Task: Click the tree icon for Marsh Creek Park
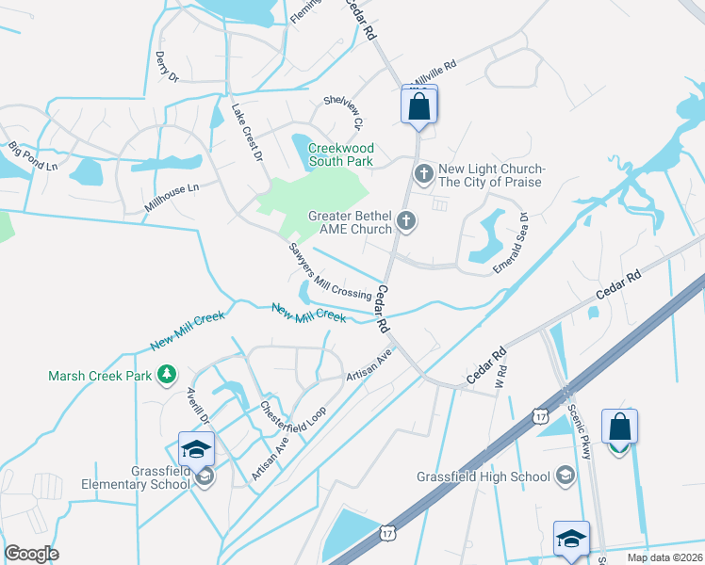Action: point(167,376)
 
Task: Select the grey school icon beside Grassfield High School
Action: point(566,476)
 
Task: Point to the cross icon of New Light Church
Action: point(423,173)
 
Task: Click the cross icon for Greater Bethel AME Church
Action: point(407,221)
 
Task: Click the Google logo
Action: point(32,554)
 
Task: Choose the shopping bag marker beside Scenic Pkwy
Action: point(619,428)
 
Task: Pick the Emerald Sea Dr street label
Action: point(511,243)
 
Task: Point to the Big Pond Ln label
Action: point(33,156)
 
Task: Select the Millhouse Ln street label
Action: point(172,195)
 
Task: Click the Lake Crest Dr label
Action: point(247,131)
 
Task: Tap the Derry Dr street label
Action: point(167,66)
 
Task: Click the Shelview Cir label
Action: point(343,111)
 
